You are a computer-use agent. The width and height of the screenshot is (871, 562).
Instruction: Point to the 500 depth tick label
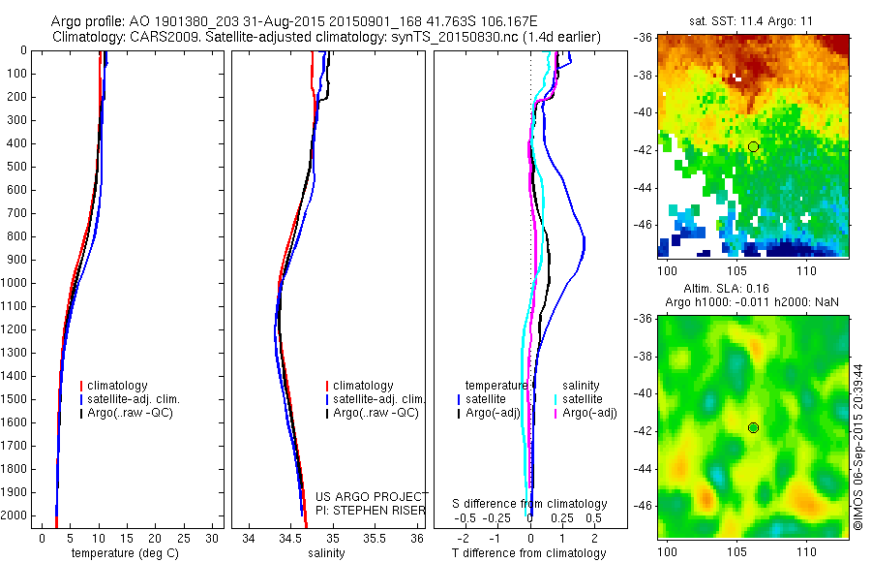click(15, 167)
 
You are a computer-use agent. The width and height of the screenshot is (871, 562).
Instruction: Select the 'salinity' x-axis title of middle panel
click(327, 553)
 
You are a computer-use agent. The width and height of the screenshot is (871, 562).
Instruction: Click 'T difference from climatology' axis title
click(528, 553)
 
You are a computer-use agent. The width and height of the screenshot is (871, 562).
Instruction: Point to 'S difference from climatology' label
click(529, 504)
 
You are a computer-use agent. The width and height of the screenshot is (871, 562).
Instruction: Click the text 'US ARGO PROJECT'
click(372, 496)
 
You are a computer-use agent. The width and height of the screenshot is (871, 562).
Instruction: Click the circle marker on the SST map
click(753, 146)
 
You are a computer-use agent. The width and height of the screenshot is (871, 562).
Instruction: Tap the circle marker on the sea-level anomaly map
click(753, 427)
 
